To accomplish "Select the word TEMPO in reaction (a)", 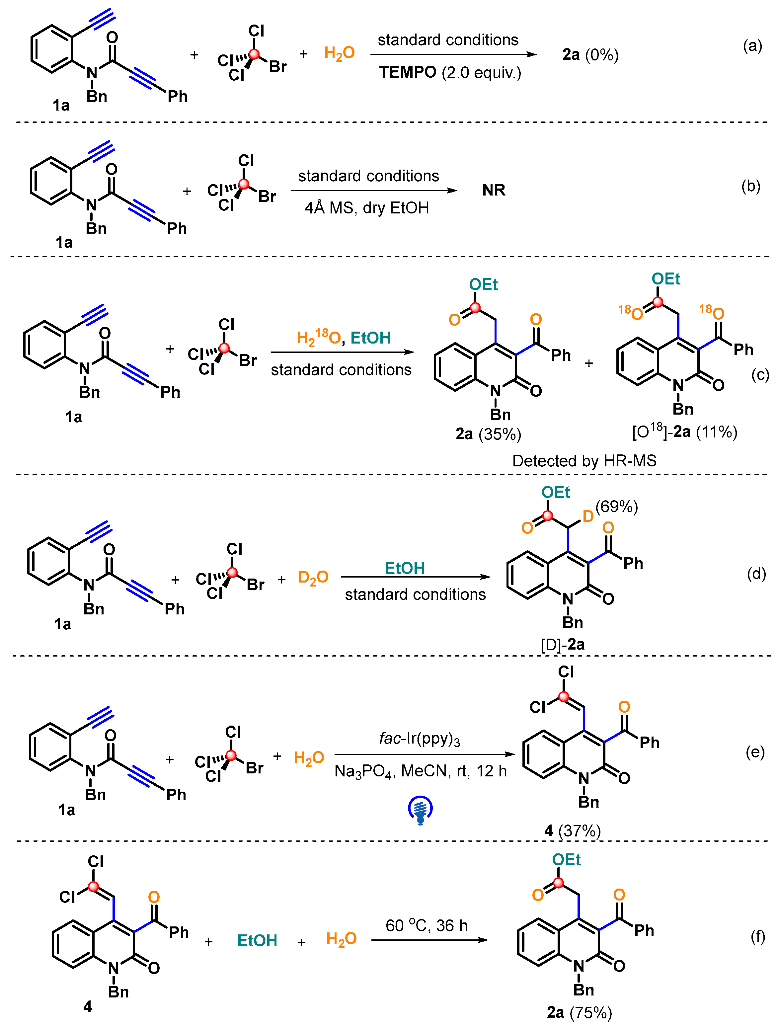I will click(x=408, y=72).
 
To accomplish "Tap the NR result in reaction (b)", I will click(x=494, y=190).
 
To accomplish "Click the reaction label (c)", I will click(x=760, y=374).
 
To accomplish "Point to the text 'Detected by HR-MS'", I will click(x=584, y=461).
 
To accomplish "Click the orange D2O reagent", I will click(x=313, y=577).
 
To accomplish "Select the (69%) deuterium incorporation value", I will click(x=616, y=507).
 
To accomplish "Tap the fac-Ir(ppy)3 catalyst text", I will click(x=419, y=738).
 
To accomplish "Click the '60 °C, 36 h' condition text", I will click(x=426, y=925).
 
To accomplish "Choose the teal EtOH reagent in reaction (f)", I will click(x=257, y=940).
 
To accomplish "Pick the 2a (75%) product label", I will click(x=579, y=1012).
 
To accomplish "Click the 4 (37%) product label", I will click(x=572, y=831).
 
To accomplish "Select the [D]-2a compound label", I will click(x=563, y=644).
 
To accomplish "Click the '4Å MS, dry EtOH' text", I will click(x=366, y=207).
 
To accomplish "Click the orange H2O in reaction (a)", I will click(x=339, y=53).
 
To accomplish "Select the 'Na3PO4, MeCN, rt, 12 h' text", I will click(x=420, y=771).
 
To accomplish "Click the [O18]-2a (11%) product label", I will click(x=684, y=432).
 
